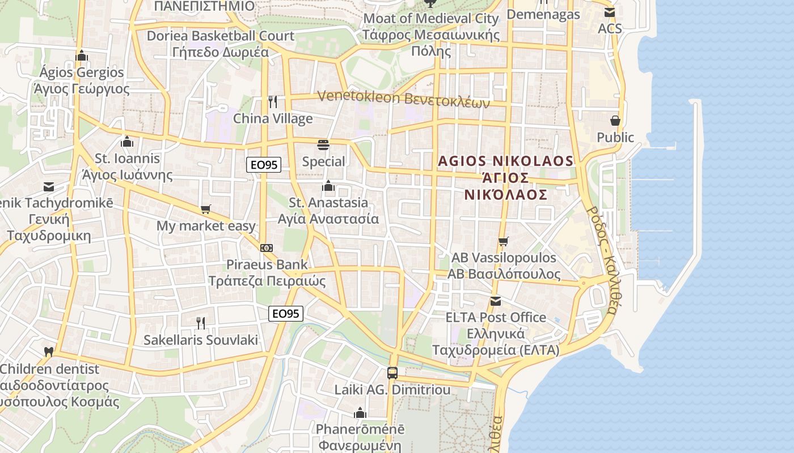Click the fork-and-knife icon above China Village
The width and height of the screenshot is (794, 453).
tap(273, 102)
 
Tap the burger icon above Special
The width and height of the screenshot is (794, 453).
tap(323, 145)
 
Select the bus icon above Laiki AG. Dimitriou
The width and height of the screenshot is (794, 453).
tap(392, 373)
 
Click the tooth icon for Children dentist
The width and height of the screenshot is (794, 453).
tap(49, 352)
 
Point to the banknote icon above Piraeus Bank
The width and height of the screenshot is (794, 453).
tap(267, 247)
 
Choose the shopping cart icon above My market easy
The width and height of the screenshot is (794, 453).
tap(206, 210)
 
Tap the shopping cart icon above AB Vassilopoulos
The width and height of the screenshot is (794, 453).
tap(503, 241)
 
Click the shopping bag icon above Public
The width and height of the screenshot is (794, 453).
tap(615, 121)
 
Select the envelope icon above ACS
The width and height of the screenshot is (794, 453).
tap(610, 12)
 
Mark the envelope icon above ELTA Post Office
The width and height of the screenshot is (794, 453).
tap(496, 301)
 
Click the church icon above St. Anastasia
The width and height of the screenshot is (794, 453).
tap(328, 186)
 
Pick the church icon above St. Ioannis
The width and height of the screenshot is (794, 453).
tap(127, 142)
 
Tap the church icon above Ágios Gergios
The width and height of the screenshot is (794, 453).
tap(81, 55)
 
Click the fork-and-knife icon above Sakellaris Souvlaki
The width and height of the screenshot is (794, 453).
tap(200, 323)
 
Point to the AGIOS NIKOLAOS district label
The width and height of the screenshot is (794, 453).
tap(506, 178)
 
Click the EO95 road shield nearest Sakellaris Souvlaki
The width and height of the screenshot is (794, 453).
tap(286, 313)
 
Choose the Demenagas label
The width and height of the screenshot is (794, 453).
tap(543, 15)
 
